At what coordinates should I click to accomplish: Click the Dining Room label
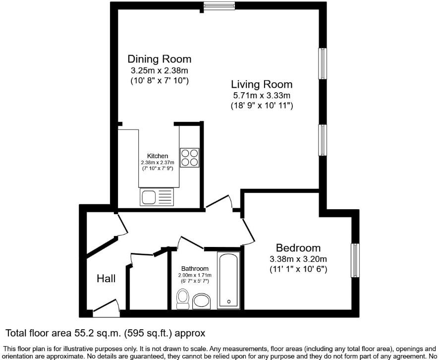click(x=160, y=59)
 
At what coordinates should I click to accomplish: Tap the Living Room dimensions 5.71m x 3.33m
click(x=262, y=95)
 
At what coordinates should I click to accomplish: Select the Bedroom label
click(x=298, y=248)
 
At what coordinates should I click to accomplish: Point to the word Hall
click(x=106, y=279)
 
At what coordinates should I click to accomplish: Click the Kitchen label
click(x=158, y=156)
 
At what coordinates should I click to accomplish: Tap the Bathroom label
click(x=195, y=269)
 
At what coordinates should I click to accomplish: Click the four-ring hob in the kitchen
click(x=190, y=158)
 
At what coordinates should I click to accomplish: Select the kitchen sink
click(x=157, y=197)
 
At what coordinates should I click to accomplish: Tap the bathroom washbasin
click(x=202, y=301)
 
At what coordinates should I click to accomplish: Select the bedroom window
click(x=355, y=260)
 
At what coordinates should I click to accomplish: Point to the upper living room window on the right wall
click(x=323, y=63)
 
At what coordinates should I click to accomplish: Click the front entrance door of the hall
click(x=107, y=308)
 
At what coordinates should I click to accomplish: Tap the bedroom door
click(x=249, y=232)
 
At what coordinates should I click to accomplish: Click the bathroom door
click(x=190, y=242)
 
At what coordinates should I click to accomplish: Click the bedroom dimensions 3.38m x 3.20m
click(x=298, y=259)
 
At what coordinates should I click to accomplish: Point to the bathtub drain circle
click(x=229, y=301)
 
